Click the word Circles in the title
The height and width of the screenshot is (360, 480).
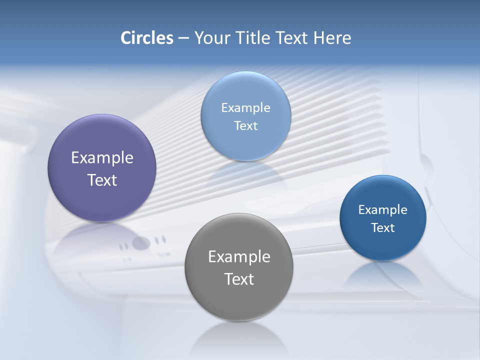[146, 38]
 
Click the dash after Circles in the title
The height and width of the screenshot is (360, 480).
[183, 38]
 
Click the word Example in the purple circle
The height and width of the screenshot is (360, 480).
[102, 158]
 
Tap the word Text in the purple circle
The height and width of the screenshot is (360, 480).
[102, 180]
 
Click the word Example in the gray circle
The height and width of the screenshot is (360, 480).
[239, 257]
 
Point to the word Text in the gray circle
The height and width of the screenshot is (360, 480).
[239, 279]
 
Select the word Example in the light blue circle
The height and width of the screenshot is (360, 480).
[246, 108]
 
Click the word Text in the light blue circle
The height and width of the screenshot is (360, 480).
[246, 125]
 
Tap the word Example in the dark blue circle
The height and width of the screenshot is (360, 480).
[383, 210]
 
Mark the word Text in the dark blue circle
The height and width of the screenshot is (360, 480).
[383, 228]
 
